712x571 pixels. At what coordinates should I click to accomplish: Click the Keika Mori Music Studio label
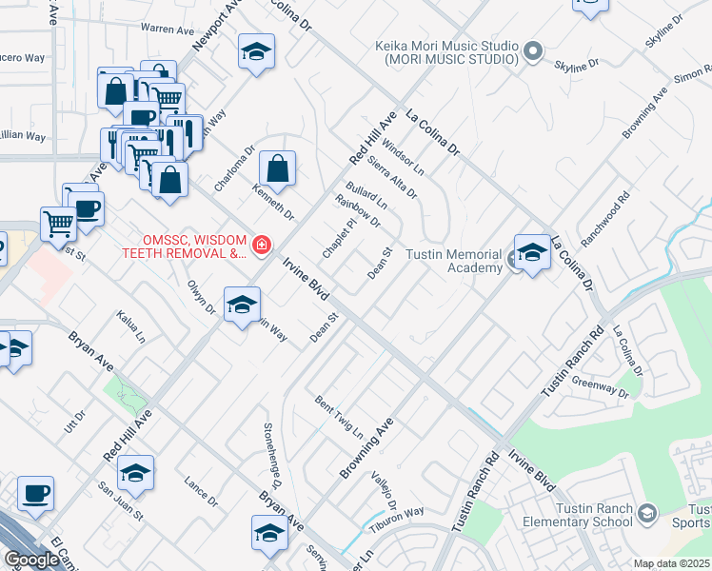pos(446,52)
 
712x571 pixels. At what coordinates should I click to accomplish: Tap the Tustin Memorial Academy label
pos(453,261)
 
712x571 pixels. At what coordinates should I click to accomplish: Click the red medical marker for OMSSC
pos(262,246)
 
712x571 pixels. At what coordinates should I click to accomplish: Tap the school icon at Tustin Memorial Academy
pos(532,255)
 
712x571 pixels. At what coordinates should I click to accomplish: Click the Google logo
pos(30,560)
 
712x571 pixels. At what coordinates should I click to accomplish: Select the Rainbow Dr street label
pos(358,210)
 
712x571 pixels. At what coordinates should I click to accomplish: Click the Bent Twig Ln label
pos(339,416)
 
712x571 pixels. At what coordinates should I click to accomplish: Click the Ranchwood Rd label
pos(605,222)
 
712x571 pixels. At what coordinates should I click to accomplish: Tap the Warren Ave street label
pos(167,30)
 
